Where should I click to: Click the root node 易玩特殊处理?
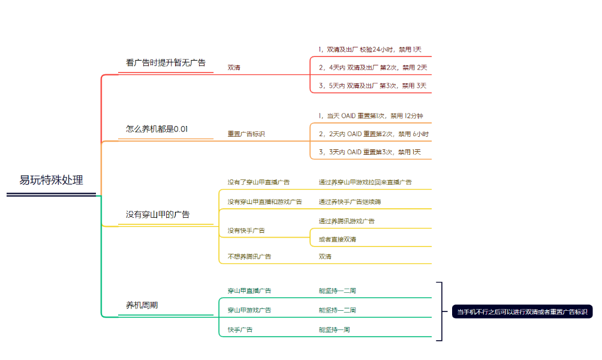click(x=51, y=180)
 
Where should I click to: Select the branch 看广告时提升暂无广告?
click(x=165, y=62)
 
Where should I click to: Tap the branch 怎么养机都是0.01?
click(x=156, y=129)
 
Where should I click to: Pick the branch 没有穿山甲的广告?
click(x=158, y=214)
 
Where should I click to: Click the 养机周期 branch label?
click(x=142, y=305)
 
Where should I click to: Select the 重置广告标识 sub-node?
click(x=246, y=134)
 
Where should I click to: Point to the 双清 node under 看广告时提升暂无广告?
click(x=234, y=67)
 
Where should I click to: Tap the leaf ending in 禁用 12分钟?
click(x=371, y=116)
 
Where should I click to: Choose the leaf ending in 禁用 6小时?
click(x=374, y=134)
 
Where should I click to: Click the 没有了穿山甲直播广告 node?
click(x=258, y=182)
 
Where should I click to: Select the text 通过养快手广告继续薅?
click(x=350, y=202)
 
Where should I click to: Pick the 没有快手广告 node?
click(x=246, y=230)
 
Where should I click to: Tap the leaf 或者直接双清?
click(x=337, y=239)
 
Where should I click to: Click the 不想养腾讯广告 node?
click(x=249, y=256)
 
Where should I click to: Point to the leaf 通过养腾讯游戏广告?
click(x=347, y=221)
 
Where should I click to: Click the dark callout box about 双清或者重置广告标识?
click(x=522, y=311)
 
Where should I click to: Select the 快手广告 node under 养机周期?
click(x=240, y=329)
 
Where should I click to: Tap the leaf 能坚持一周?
click(x=334, y=329)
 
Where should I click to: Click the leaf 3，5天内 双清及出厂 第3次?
click(x=372, y=86)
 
